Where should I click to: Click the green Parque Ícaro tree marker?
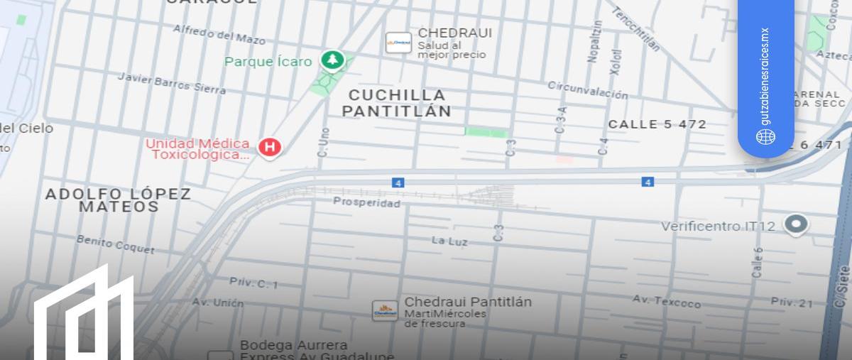tap(332, 60)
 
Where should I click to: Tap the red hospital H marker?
tap(269, 147)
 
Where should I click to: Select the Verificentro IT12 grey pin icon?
tap(796, 225)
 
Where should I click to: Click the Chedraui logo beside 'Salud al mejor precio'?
tap(398, 43)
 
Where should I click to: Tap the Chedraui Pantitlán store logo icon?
tap(385, 310)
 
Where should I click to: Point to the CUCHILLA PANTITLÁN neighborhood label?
tap(397, 103)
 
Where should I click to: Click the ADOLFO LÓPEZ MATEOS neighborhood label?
tap(119, 200)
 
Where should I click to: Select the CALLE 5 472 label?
tap(657, 124)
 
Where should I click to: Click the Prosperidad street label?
tap(366, 202)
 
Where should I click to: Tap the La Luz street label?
tap(450, 241)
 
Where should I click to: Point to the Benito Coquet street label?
tap(115, 244)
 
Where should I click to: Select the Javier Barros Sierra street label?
tap(171, 82)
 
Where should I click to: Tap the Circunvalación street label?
tap(587, 90)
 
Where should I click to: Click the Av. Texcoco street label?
tap(666, 302)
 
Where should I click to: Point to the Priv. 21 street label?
tap(792, 302)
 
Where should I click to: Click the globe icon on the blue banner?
tap(765, 137)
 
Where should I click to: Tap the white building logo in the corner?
tap(85, 316)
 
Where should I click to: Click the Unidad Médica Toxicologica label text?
tap(198, 149)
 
